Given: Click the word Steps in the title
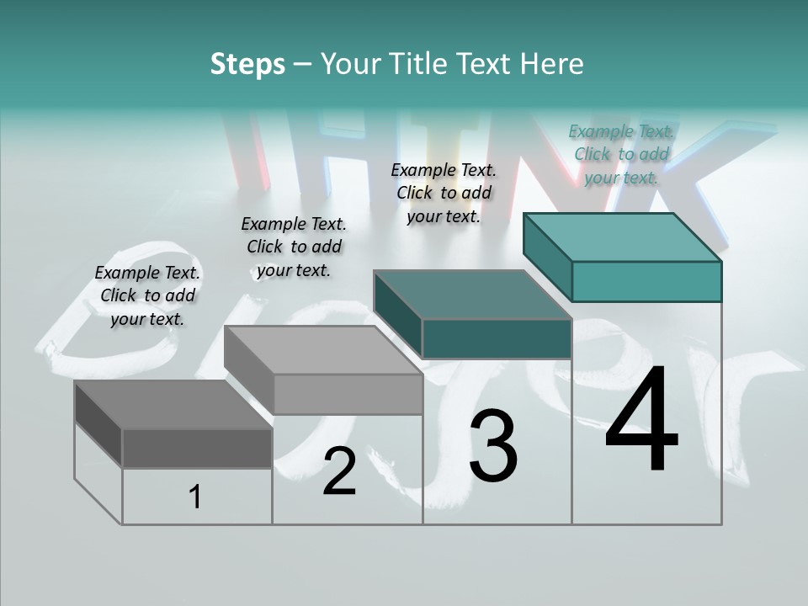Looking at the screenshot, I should tap(247, 64).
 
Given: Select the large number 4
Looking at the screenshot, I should tap(641, 421).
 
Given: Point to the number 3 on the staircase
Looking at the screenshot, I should tap(493, 446).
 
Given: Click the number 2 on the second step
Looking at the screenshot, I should tap(339, 471).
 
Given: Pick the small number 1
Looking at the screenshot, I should tap(195, 497).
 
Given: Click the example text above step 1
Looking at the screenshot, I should tap(147, 295).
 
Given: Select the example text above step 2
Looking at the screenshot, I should tap(294, 247).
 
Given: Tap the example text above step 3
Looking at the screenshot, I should tap(444, 193).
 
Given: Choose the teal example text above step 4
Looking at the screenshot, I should tap(621, 154).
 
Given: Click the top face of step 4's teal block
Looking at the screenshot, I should tap(621, 237).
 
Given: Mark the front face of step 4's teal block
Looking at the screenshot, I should tap(646, 281).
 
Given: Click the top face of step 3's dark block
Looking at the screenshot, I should tap(471, 295).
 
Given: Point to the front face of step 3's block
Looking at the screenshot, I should tap(497, 338).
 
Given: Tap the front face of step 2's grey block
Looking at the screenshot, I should tap(348, 394).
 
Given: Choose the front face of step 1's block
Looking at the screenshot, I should tap(197, 448).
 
